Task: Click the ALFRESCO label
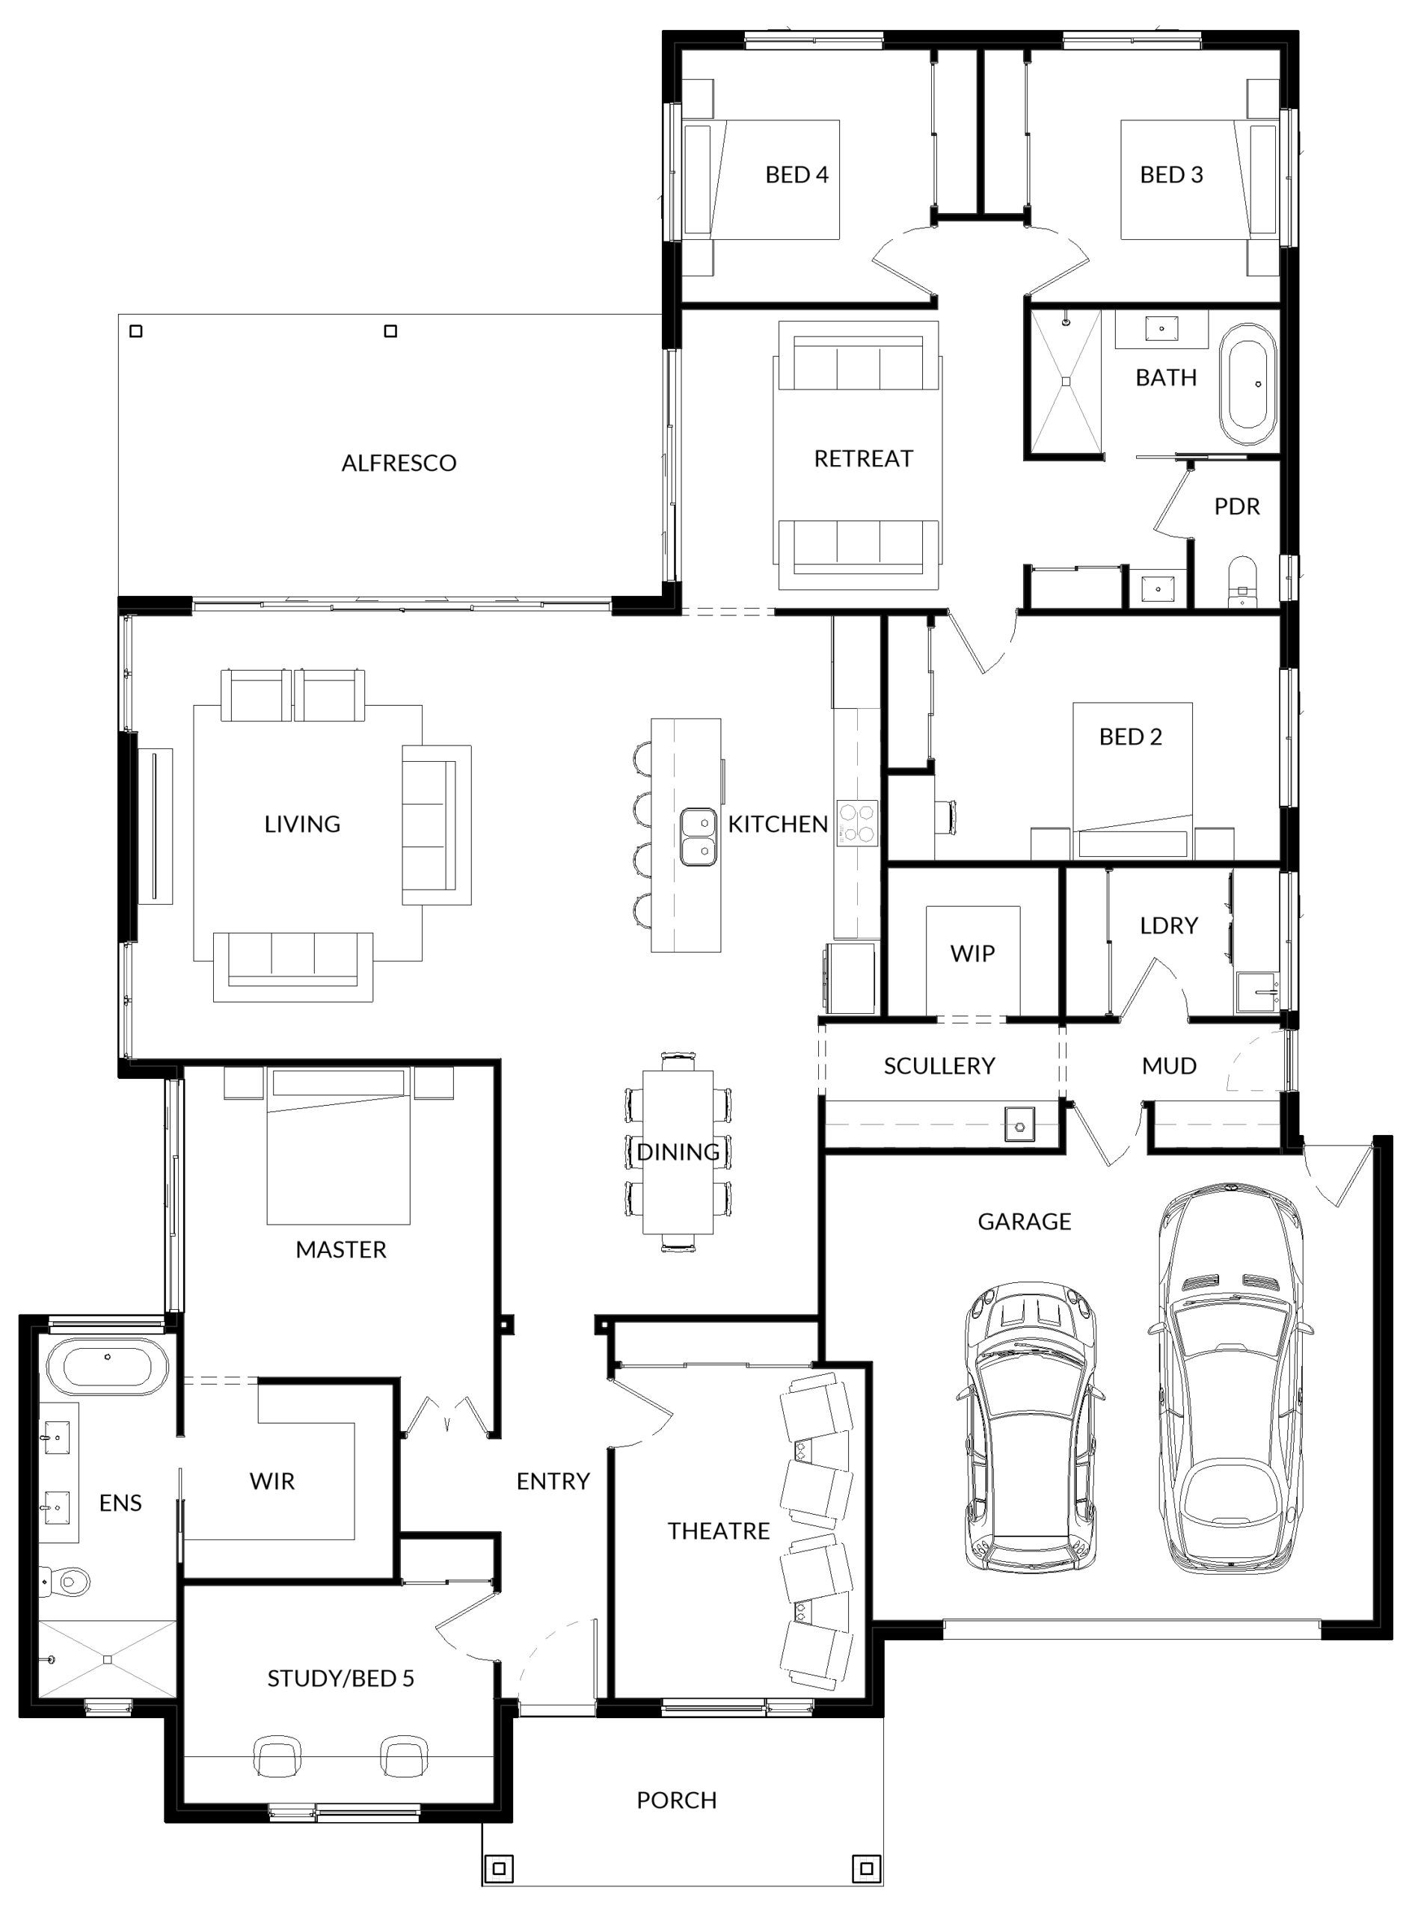pos(399,464)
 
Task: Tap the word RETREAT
pos(863,459)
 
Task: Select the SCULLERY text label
pos(939,1066)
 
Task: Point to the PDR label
pos(1237,507)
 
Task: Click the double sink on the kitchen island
pos(699,837)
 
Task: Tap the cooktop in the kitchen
pos(857,822)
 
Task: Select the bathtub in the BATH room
pos(1248,384)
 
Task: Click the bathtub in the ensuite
pos(108,1370)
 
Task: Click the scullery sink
pos(1019,1124)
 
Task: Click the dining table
pos(678,1152)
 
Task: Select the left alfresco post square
pos(135,330)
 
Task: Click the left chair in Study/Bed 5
pos(278,1757)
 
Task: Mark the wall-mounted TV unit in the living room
pos(156,825)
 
